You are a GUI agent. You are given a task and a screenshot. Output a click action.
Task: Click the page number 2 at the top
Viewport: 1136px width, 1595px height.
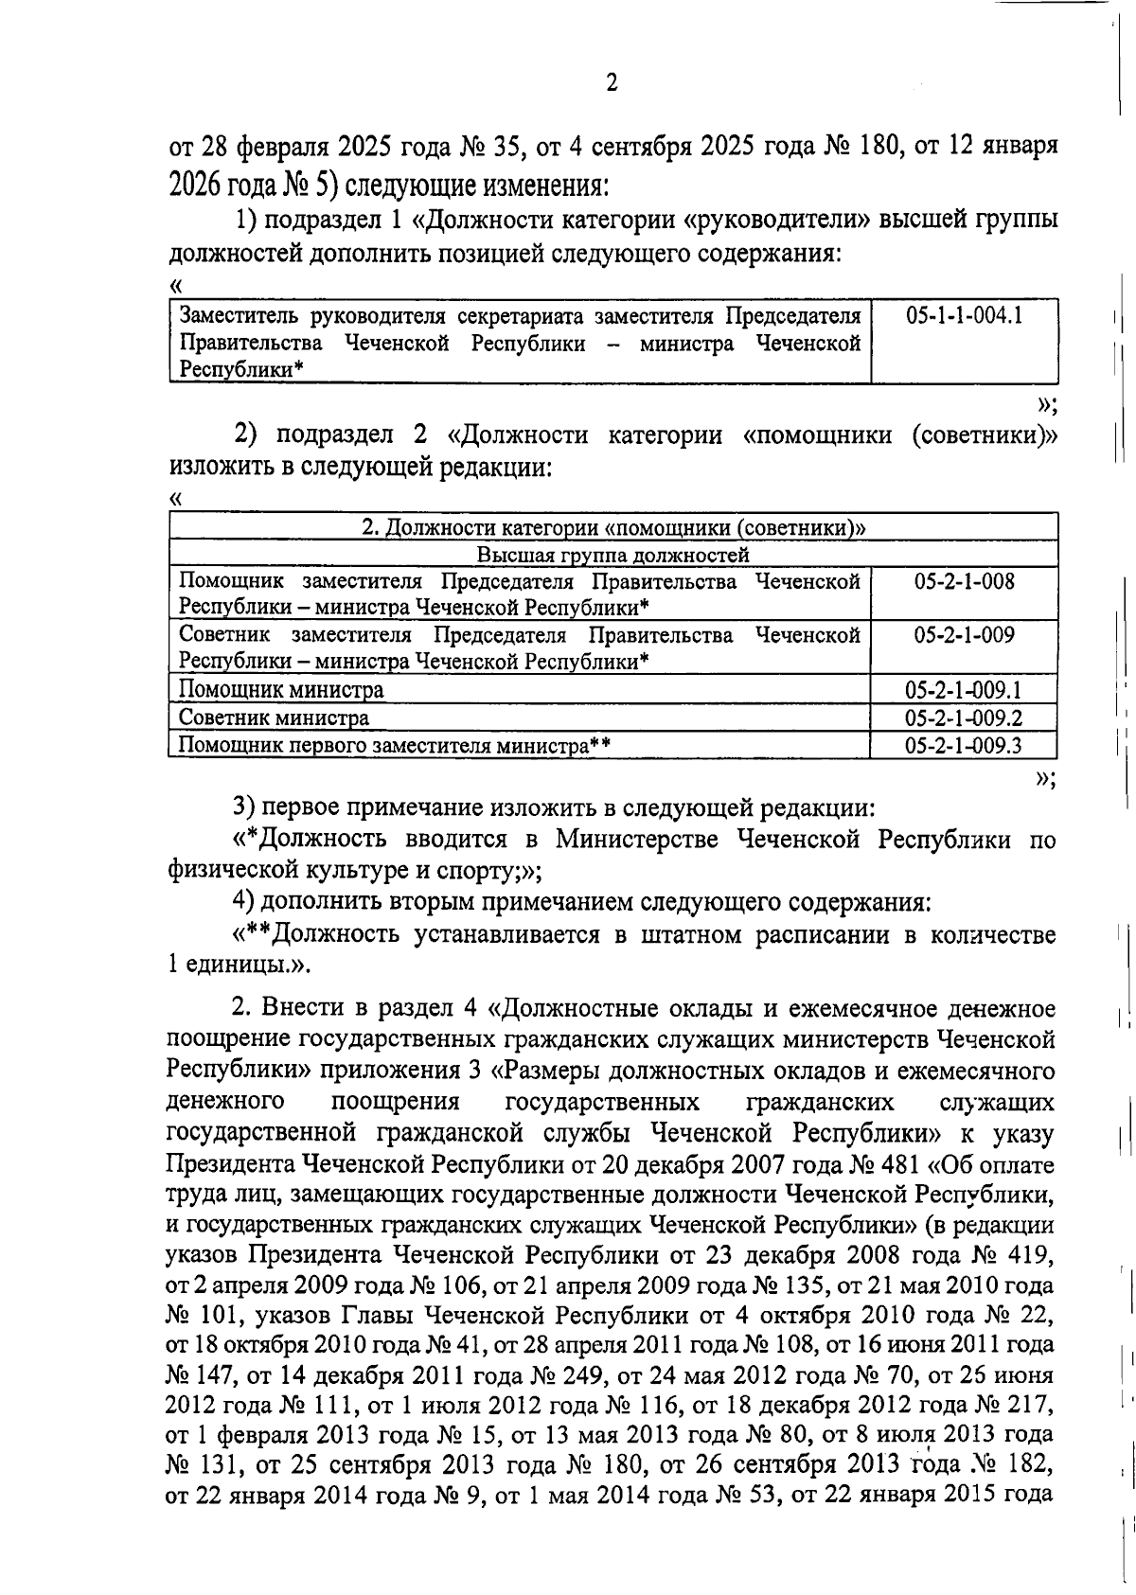[612, 83]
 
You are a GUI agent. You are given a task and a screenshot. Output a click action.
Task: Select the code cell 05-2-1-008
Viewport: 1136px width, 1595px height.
[964, 581]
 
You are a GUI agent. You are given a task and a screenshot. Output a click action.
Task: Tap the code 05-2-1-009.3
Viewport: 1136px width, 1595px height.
[964, 746]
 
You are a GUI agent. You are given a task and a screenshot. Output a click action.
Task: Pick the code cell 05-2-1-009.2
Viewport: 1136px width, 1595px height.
[964, 718]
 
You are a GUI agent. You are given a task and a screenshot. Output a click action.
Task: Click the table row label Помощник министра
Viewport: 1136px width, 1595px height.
[281, 690]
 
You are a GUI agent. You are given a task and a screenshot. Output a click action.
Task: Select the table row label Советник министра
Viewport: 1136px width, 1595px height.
[275, 718]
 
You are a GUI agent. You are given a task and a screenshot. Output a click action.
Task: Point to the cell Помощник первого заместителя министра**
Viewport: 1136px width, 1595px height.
[394, 746]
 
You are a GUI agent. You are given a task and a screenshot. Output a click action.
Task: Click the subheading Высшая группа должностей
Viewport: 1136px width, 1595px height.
[612, 555]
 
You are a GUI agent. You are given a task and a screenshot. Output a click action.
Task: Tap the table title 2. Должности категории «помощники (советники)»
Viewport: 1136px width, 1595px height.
[613, 528]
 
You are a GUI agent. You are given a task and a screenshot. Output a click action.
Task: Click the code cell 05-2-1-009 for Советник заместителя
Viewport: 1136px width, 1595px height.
[964, 635]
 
